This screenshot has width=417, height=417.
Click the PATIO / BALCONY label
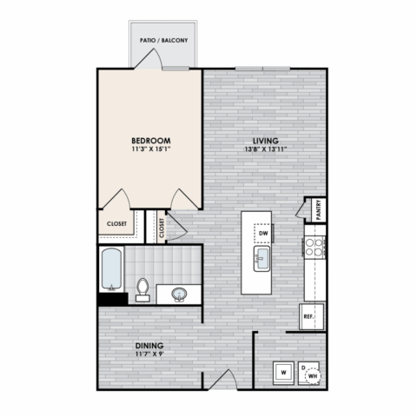pos(164,40)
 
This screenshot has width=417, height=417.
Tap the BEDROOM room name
pos(151,141)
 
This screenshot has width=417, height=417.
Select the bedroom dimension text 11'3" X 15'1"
pos(151,149)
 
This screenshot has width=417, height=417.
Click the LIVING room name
pos(266,141)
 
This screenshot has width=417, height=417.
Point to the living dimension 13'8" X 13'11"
pos(266,149)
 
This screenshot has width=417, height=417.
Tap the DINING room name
pos(149,346)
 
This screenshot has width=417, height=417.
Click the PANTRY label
pos(319,210)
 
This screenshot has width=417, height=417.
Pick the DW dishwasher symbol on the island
pos(263,233)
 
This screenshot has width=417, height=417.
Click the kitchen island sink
pos(261,259)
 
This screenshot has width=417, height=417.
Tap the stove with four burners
pos(314,247)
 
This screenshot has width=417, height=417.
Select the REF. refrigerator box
pos(312,316)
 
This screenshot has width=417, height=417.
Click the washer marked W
pos(283,373)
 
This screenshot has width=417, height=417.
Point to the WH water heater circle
pos(313,376)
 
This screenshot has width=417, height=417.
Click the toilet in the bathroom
pos(142,290)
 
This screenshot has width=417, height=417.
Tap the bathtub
pos(111,269)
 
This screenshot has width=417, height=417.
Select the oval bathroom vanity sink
pos(179,295)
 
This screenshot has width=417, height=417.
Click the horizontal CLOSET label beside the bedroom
pos(116,224)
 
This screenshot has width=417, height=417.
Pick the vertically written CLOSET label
pos(162,228)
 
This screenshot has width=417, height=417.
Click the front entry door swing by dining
pos(223,380)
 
